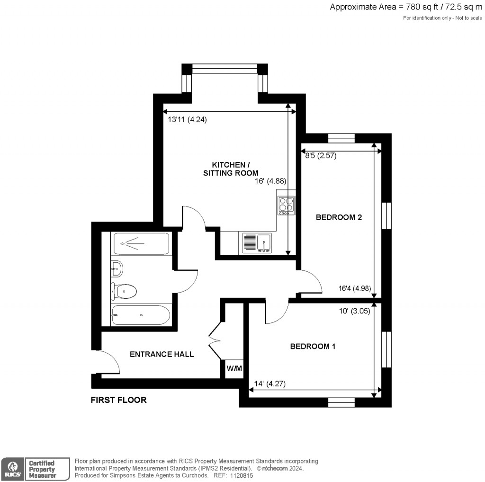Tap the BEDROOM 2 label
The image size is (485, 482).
coord(339,218)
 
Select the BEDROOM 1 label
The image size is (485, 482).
coord(313,347)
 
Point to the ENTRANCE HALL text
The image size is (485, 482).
coord(162,354)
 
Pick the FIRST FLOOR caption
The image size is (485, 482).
coord(118,400)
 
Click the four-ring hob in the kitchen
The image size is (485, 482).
coord(286,205)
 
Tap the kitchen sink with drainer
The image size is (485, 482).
coord(257,242)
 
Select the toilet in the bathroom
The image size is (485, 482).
coord(124,291)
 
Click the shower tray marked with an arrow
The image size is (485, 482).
coord(141,244)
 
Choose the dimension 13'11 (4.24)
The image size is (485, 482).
coord(188,120)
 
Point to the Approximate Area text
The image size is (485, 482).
coord(405,7)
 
